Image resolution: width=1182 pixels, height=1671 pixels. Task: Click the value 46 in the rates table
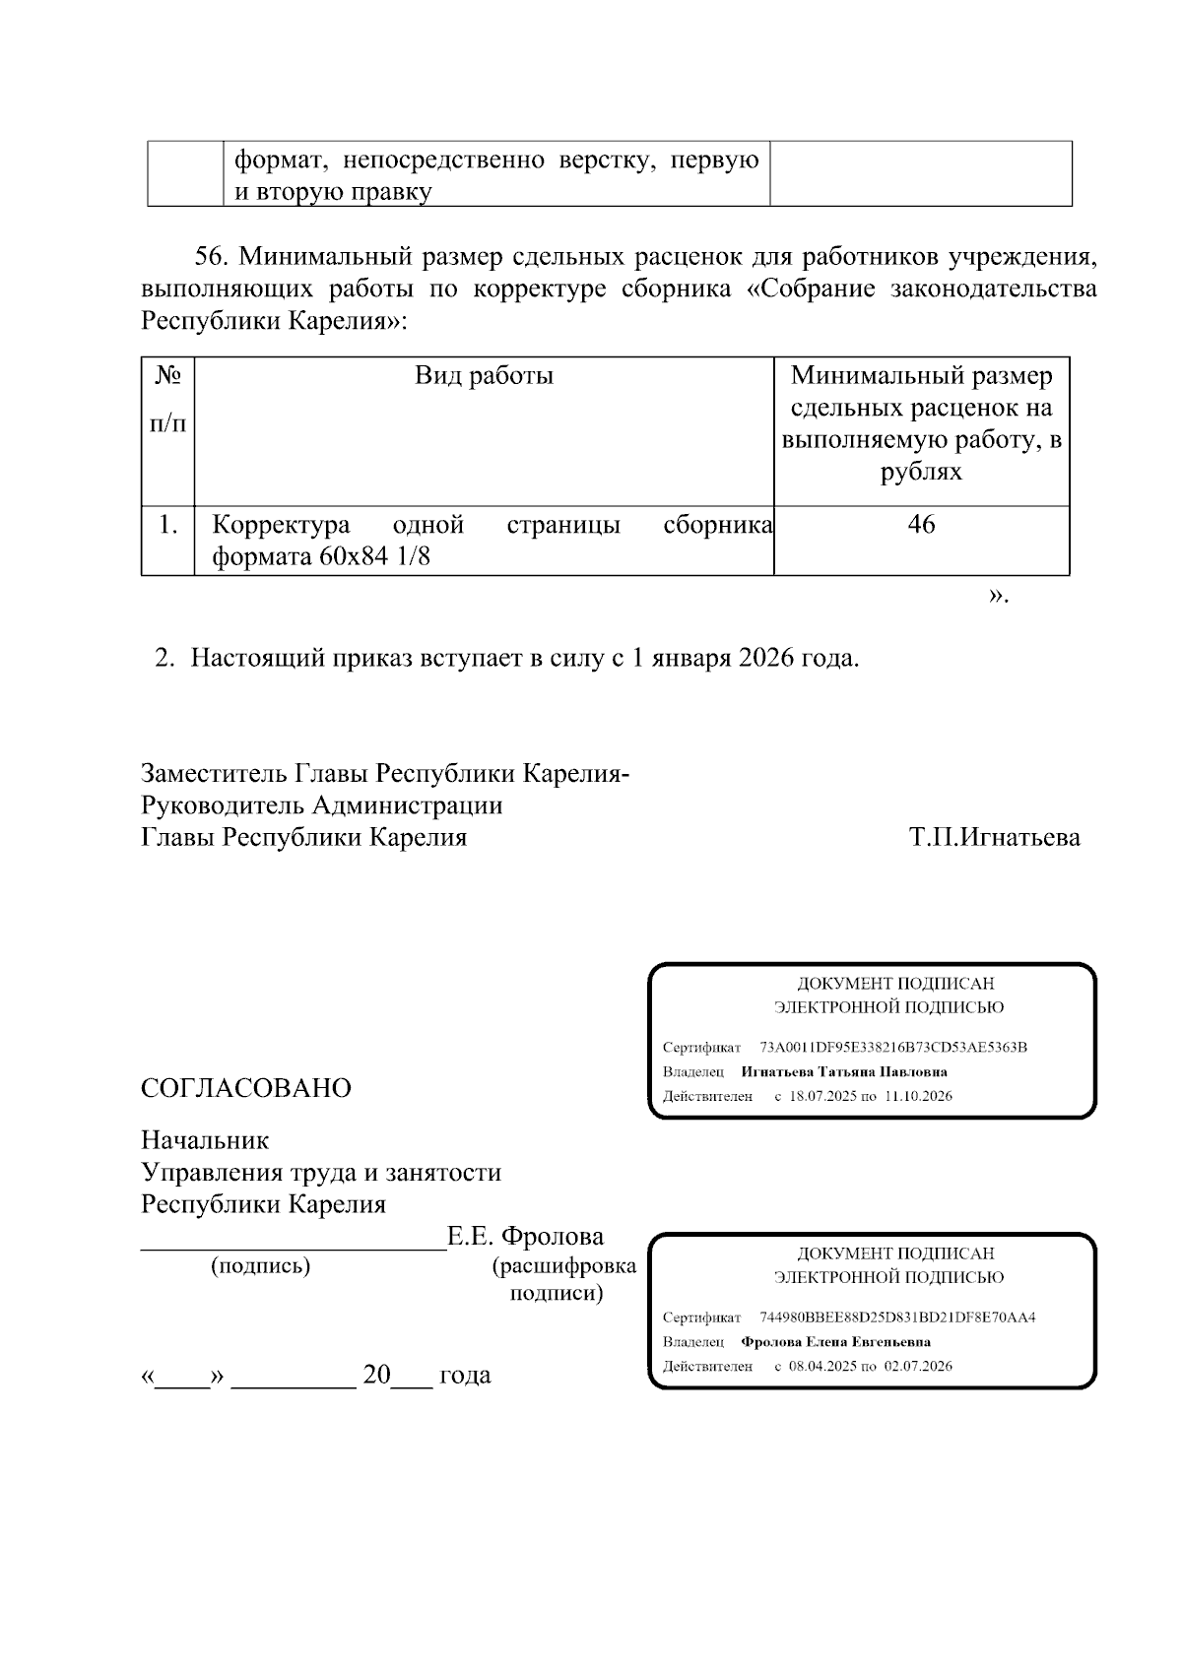pos(921,525)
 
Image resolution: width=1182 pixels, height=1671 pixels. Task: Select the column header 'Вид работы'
pos(484,375)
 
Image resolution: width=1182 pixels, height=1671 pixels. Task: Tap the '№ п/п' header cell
pos(167,399)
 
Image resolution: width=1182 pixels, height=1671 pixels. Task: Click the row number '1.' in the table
pos(168,525)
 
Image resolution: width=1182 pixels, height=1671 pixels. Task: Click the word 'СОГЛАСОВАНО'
pos(246,1088)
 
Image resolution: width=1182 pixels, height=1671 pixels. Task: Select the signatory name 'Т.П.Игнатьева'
pos(994,838)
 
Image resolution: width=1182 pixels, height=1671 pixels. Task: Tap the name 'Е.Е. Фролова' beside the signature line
pos(526,1236)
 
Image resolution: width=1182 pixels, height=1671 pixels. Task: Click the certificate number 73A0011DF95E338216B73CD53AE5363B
pos(893,1047)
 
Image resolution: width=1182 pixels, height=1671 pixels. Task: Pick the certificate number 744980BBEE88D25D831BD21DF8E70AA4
pos(897,1317)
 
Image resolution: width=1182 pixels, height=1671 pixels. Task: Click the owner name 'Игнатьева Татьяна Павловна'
pos(843,1071)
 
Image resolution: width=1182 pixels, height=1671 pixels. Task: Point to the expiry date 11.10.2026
pos(919,1096)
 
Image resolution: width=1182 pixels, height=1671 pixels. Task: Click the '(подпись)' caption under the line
pos(260,1266)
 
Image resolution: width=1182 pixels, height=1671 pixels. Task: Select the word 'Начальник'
pos(205,1140)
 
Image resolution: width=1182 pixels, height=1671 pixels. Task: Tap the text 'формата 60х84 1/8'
pos(322,558)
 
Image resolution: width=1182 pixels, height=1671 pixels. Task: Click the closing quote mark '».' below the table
pos(998,596)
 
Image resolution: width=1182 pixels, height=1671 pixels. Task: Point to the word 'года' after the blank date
pos(464,1375)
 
